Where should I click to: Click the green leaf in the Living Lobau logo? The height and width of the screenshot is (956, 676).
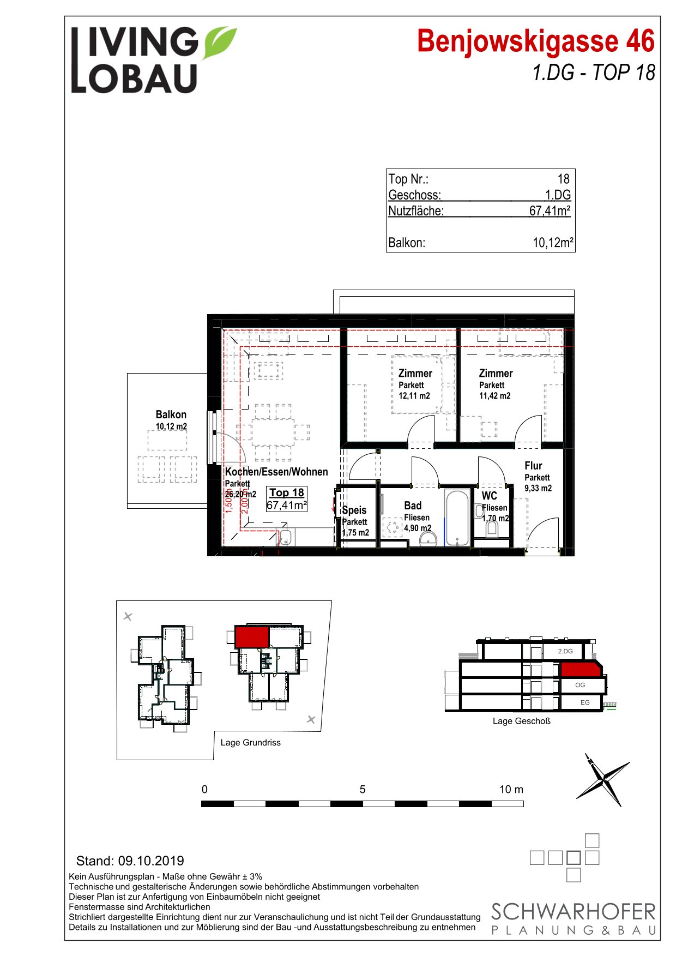[x=220, y=43]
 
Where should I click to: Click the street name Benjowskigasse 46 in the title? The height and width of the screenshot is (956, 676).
[x=536, y=41]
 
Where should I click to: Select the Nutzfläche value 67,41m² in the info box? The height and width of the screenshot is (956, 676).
[x=550, y=211]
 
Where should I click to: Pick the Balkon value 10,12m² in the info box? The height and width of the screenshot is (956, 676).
[x=553, y=243]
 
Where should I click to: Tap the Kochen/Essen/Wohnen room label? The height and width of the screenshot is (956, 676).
[x=276, y=472]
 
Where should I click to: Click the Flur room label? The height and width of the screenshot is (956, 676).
[x=533, y=466]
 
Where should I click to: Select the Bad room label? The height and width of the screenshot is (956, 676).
[x=413, y=506]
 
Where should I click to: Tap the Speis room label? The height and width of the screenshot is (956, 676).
[x=354, y=510]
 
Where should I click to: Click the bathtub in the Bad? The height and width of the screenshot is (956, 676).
[x=457, y=518]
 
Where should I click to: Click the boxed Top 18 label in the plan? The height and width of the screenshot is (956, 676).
[x=287, y=492]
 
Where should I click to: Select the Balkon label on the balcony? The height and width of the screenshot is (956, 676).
[x=171, y=414]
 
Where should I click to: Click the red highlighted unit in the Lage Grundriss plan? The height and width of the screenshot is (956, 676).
[x=252, y=637]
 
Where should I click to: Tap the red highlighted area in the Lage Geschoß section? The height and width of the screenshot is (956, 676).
[x=581, y=669]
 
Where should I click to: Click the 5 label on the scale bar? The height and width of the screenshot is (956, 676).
[x=363, y=789]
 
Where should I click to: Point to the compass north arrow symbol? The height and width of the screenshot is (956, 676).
[x=603, y=779]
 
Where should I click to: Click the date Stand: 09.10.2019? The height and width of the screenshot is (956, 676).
[x=130, y=861]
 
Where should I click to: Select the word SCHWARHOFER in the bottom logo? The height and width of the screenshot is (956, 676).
[x=574, y=912]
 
